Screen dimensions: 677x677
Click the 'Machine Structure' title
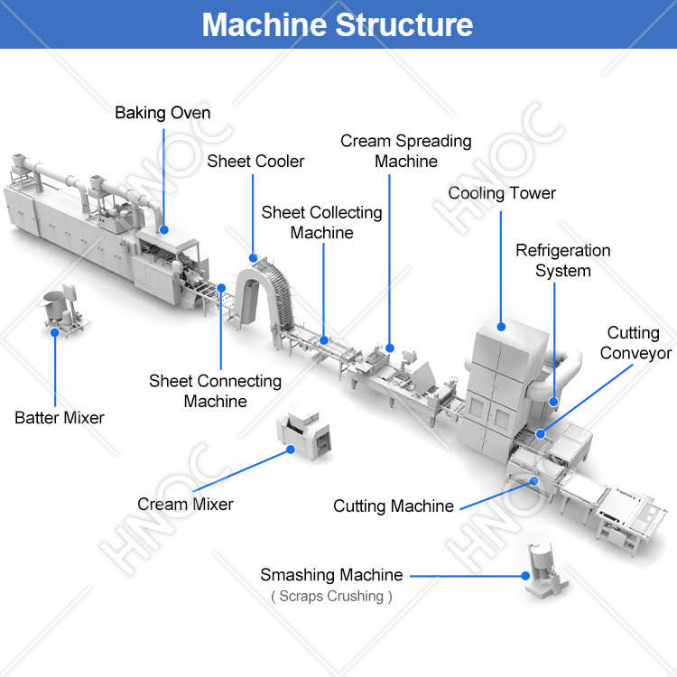click(x=338, y=24)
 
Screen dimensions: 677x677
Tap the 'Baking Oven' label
click(x=162, y=113)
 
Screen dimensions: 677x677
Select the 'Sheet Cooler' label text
click(x=255, y=162)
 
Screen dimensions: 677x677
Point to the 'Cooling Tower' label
click(x=502, y=193)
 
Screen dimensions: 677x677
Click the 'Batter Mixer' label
click(x=60, y=418)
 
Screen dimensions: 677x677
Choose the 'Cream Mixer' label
click(x=185, y=505)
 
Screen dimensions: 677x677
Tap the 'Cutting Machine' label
click(x=394, y=506)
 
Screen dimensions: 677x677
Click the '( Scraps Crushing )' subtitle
click(x=331, y=597)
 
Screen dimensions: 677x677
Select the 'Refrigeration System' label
click(x=563, y=261)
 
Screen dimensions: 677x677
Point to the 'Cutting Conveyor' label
click(x=635, y=343)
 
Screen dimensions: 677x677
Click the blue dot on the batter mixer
click(x=55, y=332)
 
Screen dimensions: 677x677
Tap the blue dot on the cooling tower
click(x=501, y=327)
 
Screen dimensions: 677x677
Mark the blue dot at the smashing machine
click(x=525, y=576)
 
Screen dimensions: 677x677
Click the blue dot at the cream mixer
click(x=291, y=450)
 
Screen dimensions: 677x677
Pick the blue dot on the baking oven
click(x=164, y=230)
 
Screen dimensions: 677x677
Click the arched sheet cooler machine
click(x=264, y=298)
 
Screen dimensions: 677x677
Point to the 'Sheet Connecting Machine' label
click(x=215, y=391)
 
